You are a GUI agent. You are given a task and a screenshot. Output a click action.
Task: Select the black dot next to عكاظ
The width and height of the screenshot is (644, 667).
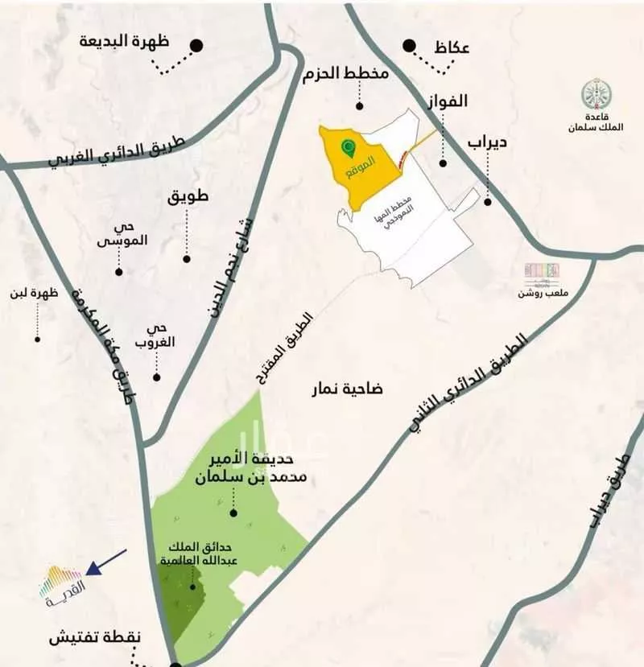411,46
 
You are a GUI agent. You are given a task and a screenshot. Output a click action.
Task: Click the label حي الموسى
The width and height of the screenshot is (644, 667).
117,233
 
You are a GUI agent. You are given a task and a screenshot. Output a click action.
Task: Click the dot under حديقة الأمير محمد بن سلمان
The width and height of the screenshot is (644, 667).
233,513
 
